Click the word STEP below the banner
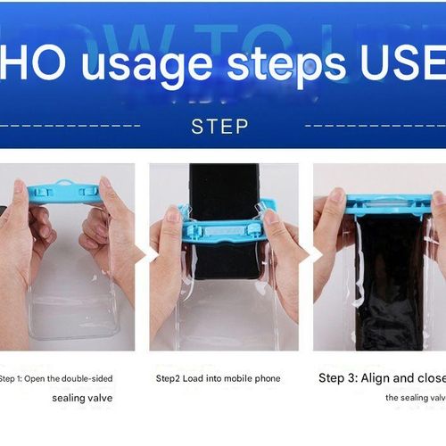click(x=219, y=126)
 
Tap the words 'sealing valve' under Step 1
click(x=82, y=398)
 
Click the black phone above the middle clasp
click(x=225, y=189)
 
